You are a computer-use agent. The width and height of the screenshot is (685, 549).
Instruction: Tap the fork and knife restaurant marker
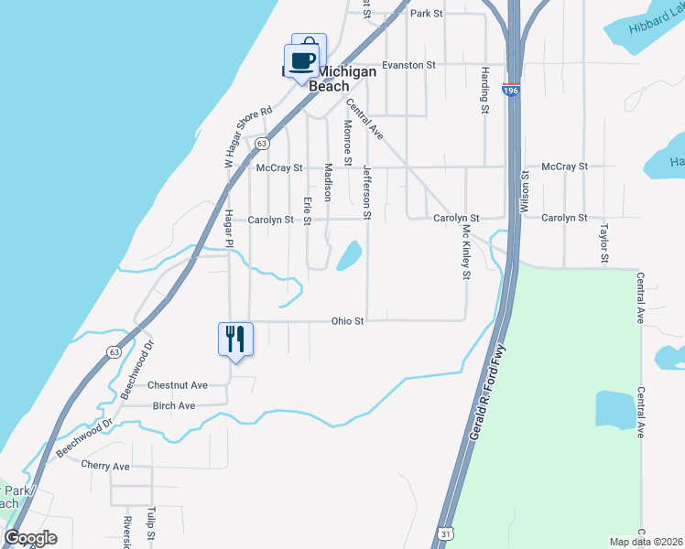pos(235,339)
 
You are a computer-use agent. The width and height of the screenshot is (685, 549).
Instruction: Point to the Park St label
pos(426,14)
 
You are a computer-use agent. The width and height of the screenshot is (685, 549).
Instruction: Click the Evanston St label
pos(409,65)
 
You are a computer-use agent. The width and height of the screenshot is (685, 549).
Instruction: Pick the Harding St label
pos(484,91)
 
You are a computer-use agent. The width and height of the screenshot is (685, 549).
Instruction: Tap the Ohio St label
pos(347,321)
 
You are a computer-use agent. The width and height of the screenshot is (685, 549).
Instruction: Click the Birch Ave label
pos(174,405)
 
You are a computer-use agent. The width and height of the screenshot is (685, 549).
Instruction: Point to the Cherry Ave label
pos(105,466)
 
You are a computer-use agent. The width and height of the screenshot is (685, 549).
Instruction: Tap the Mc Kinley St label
pos(466,252)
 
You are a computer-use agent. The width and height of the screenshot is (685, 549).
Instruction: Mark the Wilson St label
pos(525,193)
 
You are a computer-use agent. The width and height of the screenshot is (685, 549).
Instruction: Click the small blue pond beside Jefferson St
pos(348,255)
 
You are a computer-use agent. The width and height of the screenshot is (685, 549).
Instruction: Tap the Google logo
pos(31,538)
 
